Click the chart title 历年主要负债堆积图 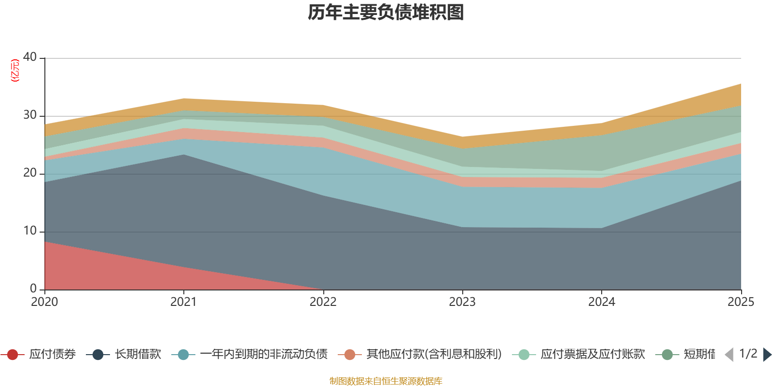pos(386,13)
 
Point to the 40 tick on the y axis pos(30,57)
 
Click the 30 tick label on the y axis pos(30,115)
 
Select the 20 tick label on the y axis pos(30,173)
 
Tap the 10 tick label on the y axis pos(30,231)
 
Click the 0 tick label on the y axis pos(33,289)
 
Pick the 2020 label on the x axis pos(44,302)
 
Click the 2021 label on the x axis pos(183,302)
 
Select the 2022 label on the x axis pos(323,302)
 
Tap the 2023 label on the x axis pos(462,302)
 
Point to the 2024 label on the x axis pos(602,302)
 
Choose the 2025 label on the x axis pos(741,302)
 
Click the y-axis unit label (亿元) pos(15,70)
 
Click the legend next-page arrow pos(767,355)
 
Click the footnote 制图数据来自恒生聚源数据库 pos(386,381)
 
